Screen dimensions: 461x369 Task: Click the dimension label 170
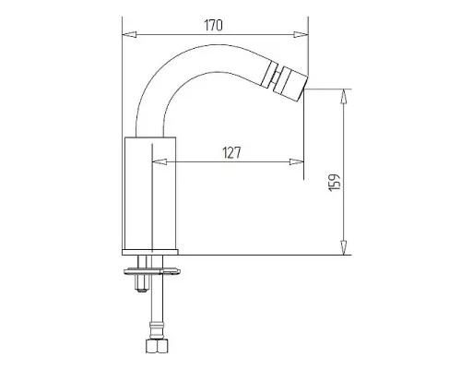[213, 25]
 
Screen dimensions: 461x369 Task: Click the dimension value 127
[231, 152]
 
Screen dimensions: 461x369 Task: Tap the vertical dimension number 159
[335, 183]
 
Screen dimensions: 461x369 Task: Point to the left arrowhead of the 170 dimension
[129, 34]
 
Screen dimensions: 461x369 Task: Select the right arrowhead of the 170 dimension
[301, 34]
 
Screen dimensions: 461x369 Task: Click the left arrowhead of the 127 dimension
[160, 161]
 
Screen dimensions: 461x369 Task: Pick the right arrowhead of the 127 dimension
[297, 161]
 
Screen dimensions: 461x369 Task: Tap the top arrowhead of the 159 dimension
[344, 96]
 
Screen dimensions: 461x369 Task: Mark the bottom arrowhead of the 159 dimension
[344, 247]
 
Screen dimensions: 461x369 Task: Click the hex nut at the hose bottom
[157, 346]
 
